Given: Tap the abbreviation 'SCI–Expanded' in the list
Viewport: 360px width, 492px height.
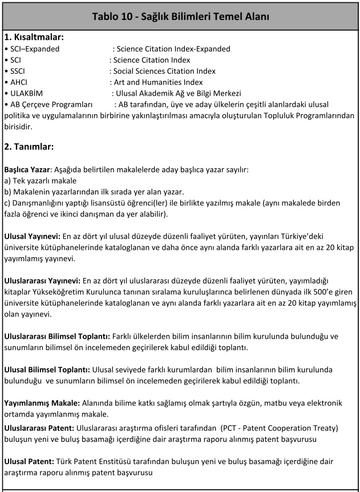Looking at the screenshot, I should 35,49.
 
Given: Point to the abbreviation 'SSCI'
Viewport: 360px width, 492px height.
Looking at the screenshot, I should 18,71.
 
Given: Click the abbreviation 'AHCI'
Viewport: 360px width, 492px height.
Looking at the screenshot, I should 19,82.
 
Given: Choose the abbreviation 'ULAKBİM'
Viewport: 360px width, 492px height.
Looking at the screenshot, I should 27,93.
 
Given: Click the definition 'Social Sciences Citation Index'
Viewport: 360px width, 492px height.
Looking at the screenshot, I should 165,71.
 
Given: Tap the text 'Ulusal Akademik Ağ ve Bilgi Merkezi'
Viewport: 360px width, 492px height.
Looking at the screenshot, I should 177,93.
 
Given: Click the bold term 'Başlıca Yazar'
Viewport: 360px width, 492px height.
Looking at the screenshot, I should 27,170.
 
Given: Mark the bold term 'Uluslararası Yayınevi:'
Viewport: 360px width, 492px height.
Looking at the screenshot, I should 43,281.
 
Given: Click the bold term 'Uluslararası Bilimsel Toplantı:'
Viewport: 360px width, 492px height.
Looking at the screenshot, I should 58,336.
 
